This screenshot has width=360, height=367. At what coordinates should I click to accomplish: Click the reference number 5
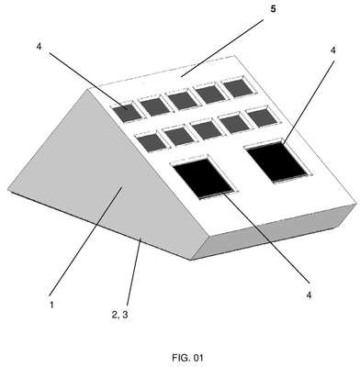tap(273, 9)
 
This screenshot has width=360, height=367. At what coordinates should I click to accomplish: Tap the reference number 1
tap(51, 305)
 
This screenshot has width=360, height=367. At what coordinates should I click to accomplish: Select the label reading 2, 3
tap(120, 315)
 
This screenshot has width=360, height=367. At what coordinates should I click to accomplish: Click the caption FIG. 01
tap(187, 358)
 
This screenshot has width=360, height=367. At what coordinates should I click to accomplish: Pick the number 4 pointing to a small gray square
tap(39, 47)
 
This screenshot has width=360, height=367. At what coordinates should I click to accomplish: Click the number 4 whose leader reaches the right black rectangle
tap(332, 50)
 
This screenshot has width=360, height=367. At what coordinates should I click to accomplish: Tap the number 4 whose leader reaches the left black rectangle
tap(309, 295)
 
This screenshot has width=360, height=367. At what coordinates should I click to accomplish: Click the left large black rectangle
tap(203, 177)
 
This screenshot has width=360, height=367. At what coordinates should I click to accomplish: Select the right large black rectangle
tap(276, 161)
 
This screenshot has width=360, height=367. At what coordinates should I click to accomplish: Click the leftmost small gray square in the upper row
tap(127, 113)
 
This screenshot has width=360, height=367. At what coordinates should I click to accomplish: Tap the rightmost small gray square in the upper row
tap(239, 87)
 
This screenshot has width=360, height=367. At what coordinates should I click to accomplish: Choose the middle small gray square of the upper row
tap(183, 100)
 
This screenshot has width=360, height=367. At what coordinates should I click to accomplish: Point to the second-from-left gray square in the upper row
tap(154, 106)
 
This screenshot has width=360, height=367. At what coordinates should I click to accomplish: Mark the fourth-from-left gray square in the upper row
tap(211, 94)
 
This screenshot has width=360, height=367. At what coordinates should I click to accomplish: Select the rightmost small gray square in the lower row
tap(262, 117)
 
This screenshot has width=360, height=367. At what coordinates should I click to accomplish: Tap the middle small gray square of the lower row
tap(207, 130)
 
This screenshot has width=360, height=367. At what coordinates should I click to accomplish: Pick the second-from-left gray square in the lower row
tap(179, 136)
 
